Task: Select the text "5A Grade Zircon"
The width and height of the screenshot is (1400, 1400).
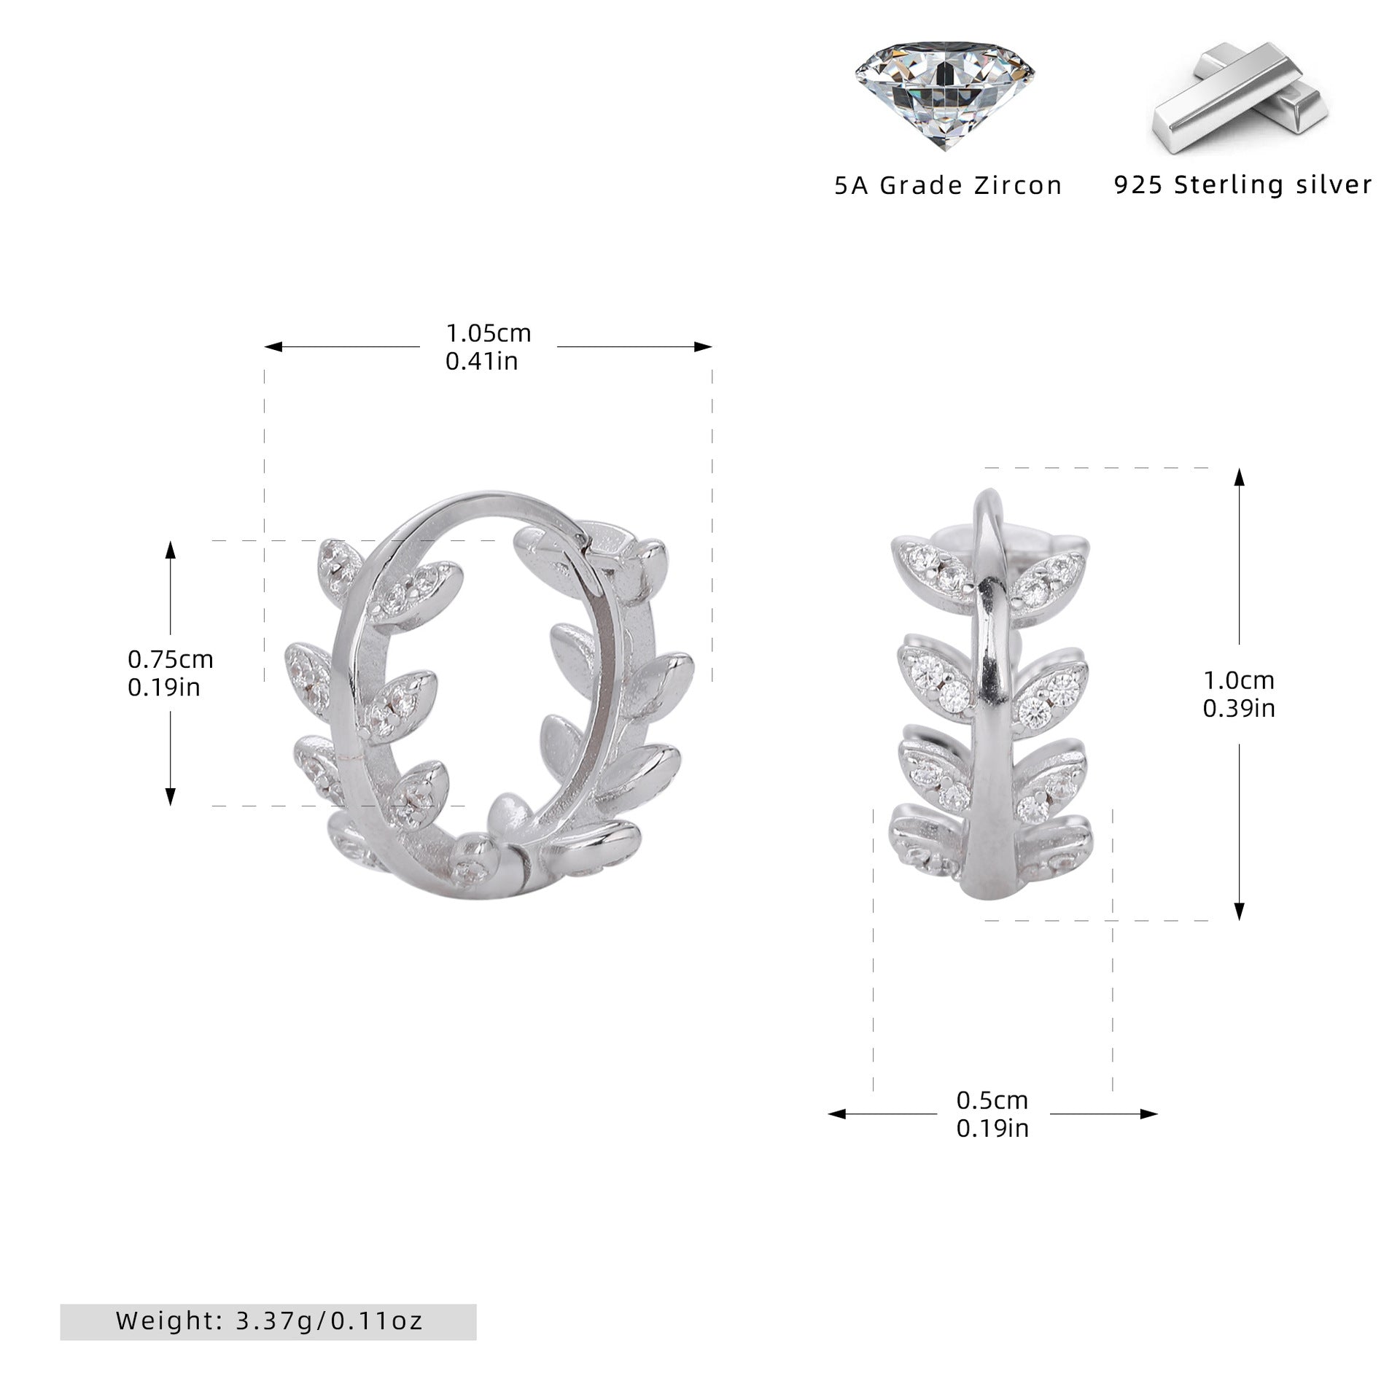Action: click(x=948, y=185)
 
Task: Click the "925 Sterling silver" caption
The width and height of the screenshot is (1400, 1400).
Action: click(x=1243, y=184)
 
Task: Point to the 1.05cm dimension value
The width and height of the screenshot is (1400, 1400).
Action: click(x=489, y=333)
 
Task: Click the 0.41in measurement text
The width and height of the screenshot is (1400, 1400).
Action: click(x=482, y=361)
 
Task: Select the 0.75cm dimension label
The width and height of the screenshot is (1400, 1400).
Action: click(x=171, y=659)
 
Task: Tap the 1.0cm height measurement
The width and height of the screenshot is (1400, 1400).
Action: click(x=1239, y=680)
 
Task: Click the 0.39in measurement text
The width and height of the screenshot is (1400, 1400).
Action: click(x=1239, y=708)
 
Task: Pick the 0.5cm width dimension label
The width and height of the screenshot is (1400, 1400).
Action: click(x=992, y=1120)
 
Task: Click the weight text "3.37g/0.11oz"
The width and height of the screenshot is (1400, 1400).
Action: click(x=330, y=1300)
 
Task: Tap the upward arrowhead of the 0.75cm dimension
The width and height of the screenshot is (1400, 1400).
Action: click(x=171, y=550)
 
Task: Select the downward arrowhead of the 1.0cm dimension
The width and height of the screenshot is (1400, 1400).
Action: click(x=1239, y=911)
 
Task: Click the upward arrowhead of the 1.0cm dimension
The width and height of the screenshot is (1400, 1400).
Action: click(x=1239, y=478)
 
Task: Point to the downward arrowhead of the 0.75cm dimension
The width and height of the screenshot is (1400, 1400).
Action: click(x=171, y=796)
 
